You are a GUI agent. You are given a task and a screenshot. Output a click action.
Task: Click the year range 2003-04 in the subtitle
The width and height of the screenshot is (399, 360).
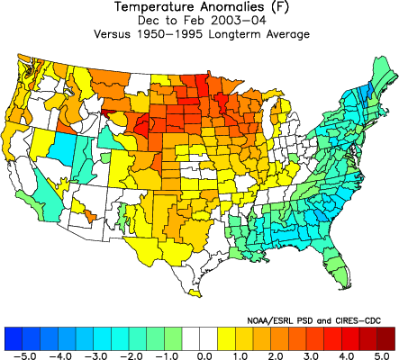coord(239,21)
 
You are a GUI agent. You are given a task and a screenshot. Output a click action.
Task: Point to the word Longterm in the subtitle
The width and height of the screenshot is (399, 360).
coord(234,34)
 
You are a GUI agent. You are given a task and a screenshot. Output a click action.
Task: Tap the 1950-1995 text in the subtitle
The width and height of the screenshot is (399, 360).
coord(170,34)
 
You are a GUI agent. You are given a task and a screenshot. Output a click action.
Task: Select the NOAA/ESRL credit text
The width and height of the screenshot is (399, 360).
coord(270,320)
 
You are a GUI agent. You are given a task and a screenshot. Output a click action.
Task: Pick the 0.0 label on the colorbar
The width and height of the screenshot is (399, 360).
coord(204,356)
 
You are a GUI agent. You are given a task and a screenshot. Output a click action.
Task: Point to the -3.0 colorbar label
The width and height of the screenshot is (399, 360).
coord(95,356)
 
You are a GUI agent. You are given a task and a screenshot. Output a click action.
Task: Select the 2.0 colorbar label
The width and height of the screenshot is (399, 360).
coord(275,356)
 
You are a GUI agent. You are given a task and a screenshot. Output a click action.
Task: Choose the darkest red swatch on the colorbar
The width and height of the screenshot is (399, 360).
coord(385,338)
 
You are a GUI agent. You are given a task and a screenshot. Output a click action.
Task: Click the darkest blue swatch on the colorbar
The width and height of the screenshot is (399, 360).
coord(14,338)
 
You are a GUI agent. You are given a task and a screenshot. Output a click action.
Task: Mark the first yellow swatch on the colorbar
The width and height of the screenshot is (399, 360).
coord(226,338)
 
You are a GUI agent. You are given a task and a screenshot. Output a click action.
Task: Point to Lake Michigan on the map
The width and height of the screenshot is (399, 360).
coord(270,115)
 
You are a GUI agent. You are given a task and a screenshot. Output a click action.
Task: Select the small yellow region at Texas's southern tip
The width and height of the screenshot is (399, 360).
coord(195,293)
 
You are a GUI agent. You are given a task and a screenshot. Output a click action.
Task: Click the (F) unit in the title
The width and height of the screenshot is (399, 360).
coord(280,7)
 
